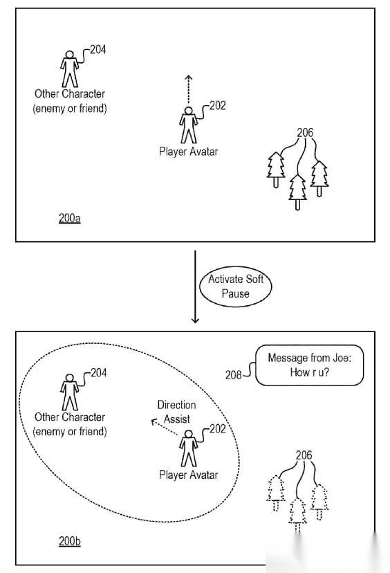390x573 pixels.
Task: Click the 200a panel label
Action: [69, 218]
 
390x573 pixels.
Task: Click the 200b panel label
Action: [69, 541]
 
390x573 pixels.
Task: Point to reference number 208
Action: [233, 375]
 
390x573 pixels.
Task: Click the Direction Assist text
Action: [177, 412]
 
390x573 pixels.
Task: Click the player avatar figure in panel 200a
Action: [188, 125]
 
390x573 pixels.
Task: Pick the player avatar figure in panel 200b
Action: [188, 448]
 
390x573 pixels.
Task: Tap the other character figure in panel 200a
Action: [69, 69]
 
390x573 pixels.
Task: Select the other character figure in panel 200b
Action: [69, 392]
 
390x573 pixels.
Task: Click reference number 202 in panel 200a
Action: [218, 106]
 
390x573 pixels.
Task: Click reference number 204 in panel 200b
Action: [99, 373]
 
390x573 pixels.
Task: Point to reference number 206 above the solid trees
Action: [305, 132]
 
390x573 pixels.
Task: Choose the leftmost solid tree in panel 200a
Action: [276, 170]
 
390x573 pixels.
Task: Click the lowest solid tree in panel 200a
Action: [297, 192]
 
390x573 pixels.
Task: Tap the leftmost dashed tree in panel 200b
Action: [276, 493]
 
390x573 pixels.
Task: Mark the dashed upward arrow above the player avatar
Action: [188, 89]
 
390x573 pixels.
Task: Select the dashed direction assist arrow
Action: [165, 428]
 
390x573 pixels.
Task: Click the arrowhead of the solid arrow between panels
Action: [196, 320]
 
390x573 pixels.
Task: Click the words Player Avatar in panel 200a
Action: [188, 152]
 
